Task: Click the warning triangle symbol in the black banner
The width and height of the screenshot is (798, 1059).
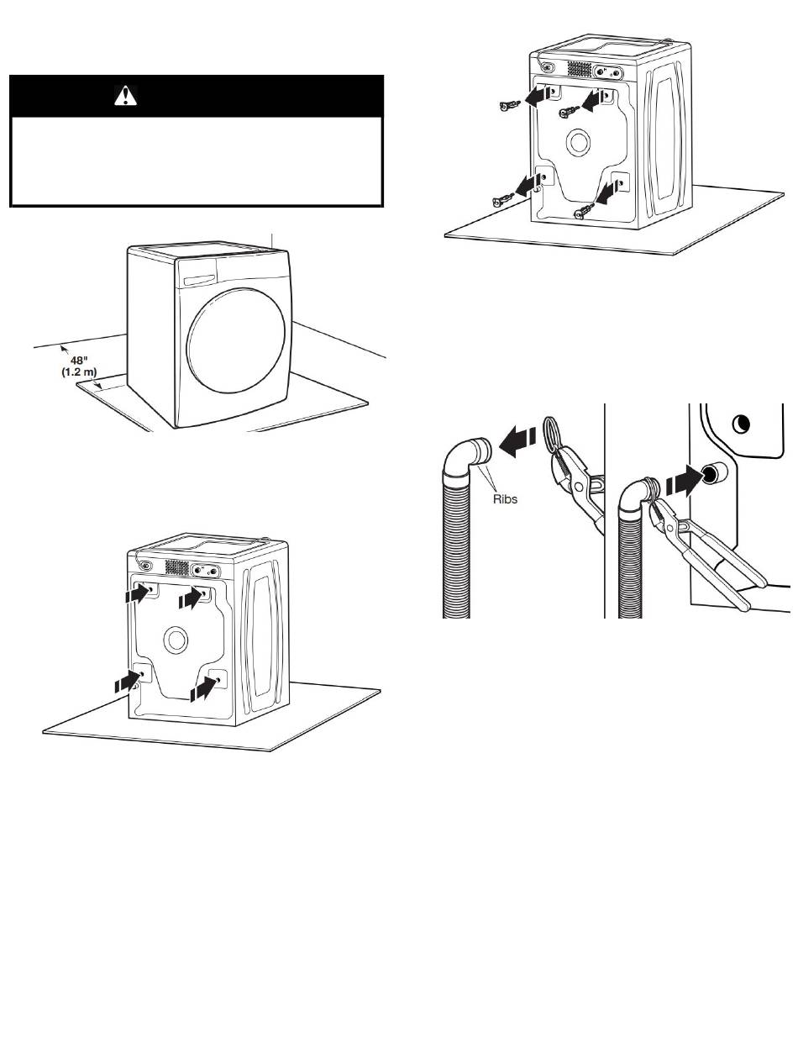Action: click(x=125, y=98)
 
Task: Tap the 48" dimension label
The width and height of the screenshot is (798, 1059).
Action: click(x=79, y=359)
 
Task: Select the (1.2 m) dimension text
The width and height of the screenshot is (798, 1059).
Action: click(x=81, y=371)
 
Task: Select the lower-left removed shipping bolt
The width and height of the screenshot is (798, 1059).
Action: click(x=501, y=200)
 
